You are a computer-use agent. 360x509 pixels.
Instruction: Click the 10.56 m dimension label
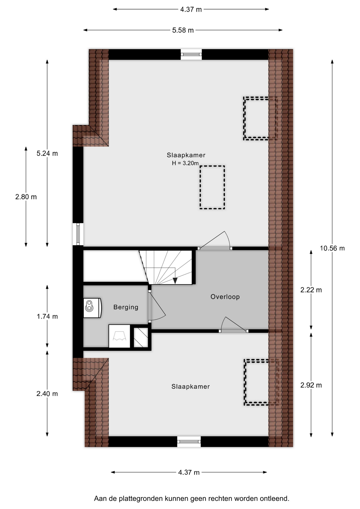[x=332, y=248]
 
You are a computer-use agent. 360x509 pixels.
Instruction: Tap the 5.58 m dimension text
[x=183, y=30]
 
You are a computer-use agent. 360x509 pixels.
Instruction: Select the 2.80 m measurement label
[x=26, y=197]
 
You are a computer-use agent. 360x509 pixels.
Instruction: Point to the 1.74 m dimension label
[x=47, y=317]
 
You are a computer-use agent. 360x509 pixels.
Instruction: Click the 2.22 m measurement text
[x=311, y=290]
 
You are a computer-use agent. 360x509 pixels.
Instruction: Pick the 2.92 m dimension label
[x=311, y=385]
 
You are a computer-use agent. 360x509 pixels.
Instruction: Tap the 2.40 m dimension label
[x=47, y=394]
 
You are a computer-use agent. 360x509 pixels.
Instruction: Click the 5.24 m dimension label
[x=47, y=153]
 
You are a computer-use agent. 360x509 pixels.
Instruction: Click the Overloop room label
[x=225, y=297]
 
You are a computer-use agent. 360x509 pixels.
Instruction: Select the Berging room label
[x=126, y=307]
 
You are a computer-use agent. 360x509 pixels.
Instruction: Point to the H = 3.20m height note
[x=185, y=163]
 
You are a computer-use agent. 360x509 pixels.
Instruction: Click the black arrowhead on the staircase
[x=175, y=281]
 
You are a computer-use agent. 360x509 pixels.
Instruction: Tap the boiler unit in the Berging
[x=93, y=308]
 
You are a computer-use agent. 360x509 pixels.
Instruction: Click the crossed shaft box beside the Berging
[x=141, y=337]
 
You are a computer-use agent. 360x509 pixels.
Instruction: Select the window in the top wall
[x=191, y=54]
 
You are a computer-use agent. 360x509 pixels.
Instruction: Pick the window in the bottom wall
[x=189, y=441]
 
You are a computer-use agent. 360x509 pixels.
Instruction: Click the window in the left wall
[x=78, y=234]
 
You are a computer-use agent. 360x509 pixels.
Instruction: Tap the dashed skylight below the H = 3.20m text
[x=212, y=187]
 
